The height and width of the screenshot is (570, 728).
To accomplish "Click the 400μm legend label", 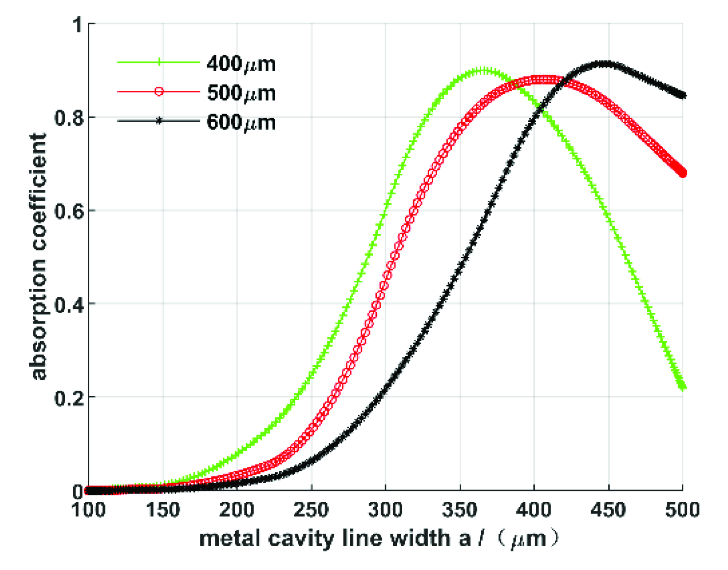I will click(241, 64).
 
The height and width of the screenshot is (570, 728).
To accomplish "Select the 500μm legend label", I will click(241, 93).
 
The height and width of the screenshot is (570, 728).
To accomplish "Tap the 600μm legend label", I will click(241, 122).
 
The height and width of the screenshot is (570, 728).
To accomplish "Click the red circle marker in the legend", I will click(158, 91).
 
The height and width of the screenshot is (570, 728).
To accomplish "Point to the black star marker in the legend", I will click(158, 121).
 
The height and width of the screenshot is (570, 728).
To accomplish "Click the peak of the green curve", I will click(484, 71).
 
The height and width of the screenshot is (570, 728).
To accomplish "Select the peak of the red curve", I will click(542, 80).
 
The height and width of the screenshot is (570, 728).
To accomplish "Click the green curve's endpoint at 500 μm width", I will click(682, 387).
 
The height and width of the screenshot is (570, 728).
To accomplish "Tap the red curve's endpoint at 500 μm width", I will click(682, 172).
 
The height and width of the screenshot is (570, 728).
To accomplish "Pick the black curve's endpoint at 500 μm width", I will click(682, 95).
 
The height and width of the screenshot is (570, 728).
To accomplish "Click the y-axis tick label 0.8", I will click(68, 118).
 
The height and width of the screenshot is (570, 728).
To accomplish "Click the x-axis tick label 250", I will click(311, 510).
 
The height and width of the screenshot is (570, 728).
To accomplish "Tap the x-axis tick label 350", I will click(460, 510).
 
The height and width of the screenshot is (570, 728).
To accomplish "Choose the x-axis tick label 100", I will click(89, 510).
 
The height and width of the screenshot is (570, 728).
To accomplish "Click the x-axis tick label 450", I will click(608, 510).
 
